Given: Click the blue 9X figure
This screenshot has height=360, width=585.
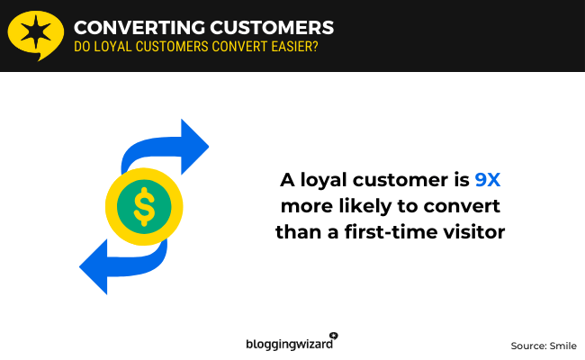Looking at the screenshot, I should tap(487, 180).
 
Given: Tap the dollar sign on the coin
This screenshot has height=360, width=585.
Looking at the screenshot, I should tap(144, 206).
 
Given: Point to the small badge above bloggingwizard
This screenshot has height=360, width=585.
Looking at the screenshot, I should tap(334, 335).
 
